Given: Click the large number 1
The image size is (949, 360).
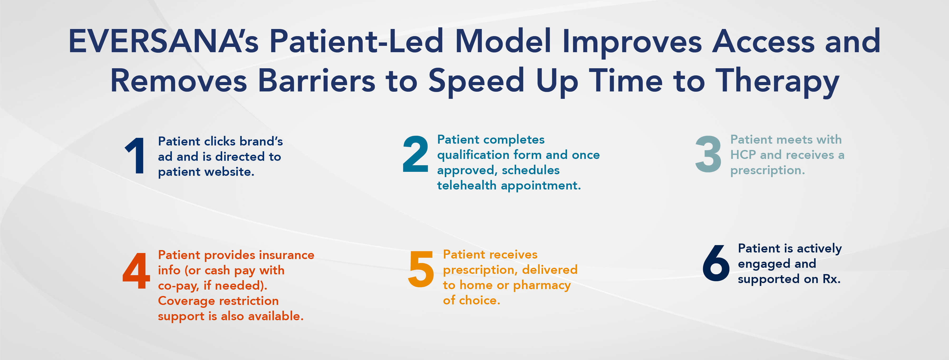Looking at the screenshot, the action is [135, 155].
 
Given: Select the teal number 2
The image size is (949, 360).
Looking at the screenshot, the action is [415, 154].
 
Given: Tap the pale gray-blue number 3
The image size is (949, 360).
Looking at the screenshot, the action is [708, 154].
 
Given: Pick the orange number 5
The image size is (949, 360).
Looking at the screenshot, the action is [421, 269].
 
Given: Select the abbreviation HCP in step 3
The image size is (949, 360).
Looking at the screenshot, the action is [743, 155].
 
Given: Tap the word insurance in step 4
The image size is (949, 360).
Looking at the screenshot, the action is [287, 255].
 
